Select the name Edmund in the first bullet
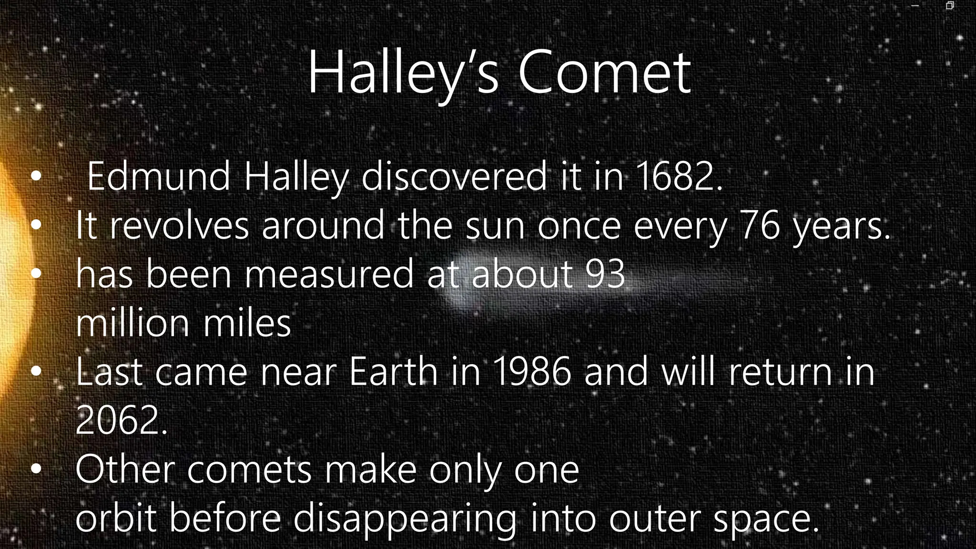click(159, 177)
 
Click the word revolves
click(179, 225)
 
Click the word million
click(132, 323)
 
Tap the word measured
click(329, 274)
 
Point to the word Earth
click(393, 372)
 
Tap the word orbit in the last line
click(116, 518)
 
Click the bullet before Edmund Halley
click(36, 177)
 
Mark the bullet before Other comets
click(36, 470)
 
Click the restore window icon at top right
click(949, 6)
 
